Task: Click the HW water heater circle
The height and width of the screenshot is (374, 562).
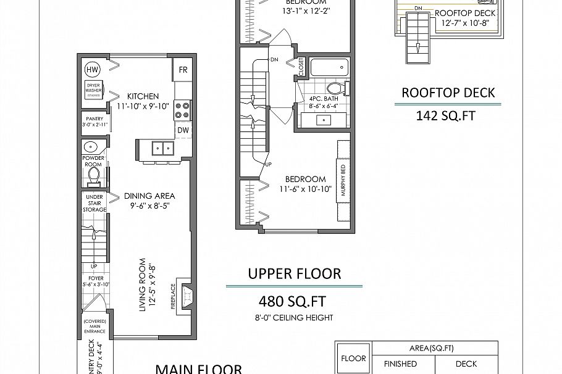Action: (x=92, y=69)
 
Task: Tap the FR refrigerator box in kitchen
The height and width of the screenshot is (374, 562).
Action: (x=183, y=70)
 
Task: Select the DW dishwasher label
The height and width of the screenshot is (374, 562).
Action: (x=183, y=130)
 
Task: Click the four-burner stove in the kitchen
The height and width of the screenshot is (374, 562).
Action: (x=183, y=110)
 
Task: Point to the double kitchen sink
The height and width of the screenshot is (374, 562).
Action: (x=162, y=148)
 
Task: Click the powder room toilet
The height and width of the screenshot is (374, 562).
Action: (x=94, y=177)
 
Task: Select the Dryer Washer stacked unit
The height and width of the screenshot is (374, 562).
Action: (x=94, y=90)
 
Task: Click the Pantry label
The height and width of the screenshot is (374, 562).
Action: (x=94, y=118)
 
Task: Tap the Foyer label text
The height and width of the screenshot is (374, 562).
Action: (x=94, y=278)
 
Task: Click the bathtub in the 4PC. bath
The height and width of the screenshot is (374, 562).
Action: (x=329, y=67)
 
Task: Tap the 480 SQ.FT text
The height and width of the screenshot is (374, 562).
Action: (x=293, y=302)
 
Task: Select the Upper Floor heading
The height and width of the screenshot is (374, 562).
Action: (x=294, y=273)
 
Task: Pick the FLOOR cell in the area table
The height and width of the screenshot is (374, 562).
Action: (x=353, y=358)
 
